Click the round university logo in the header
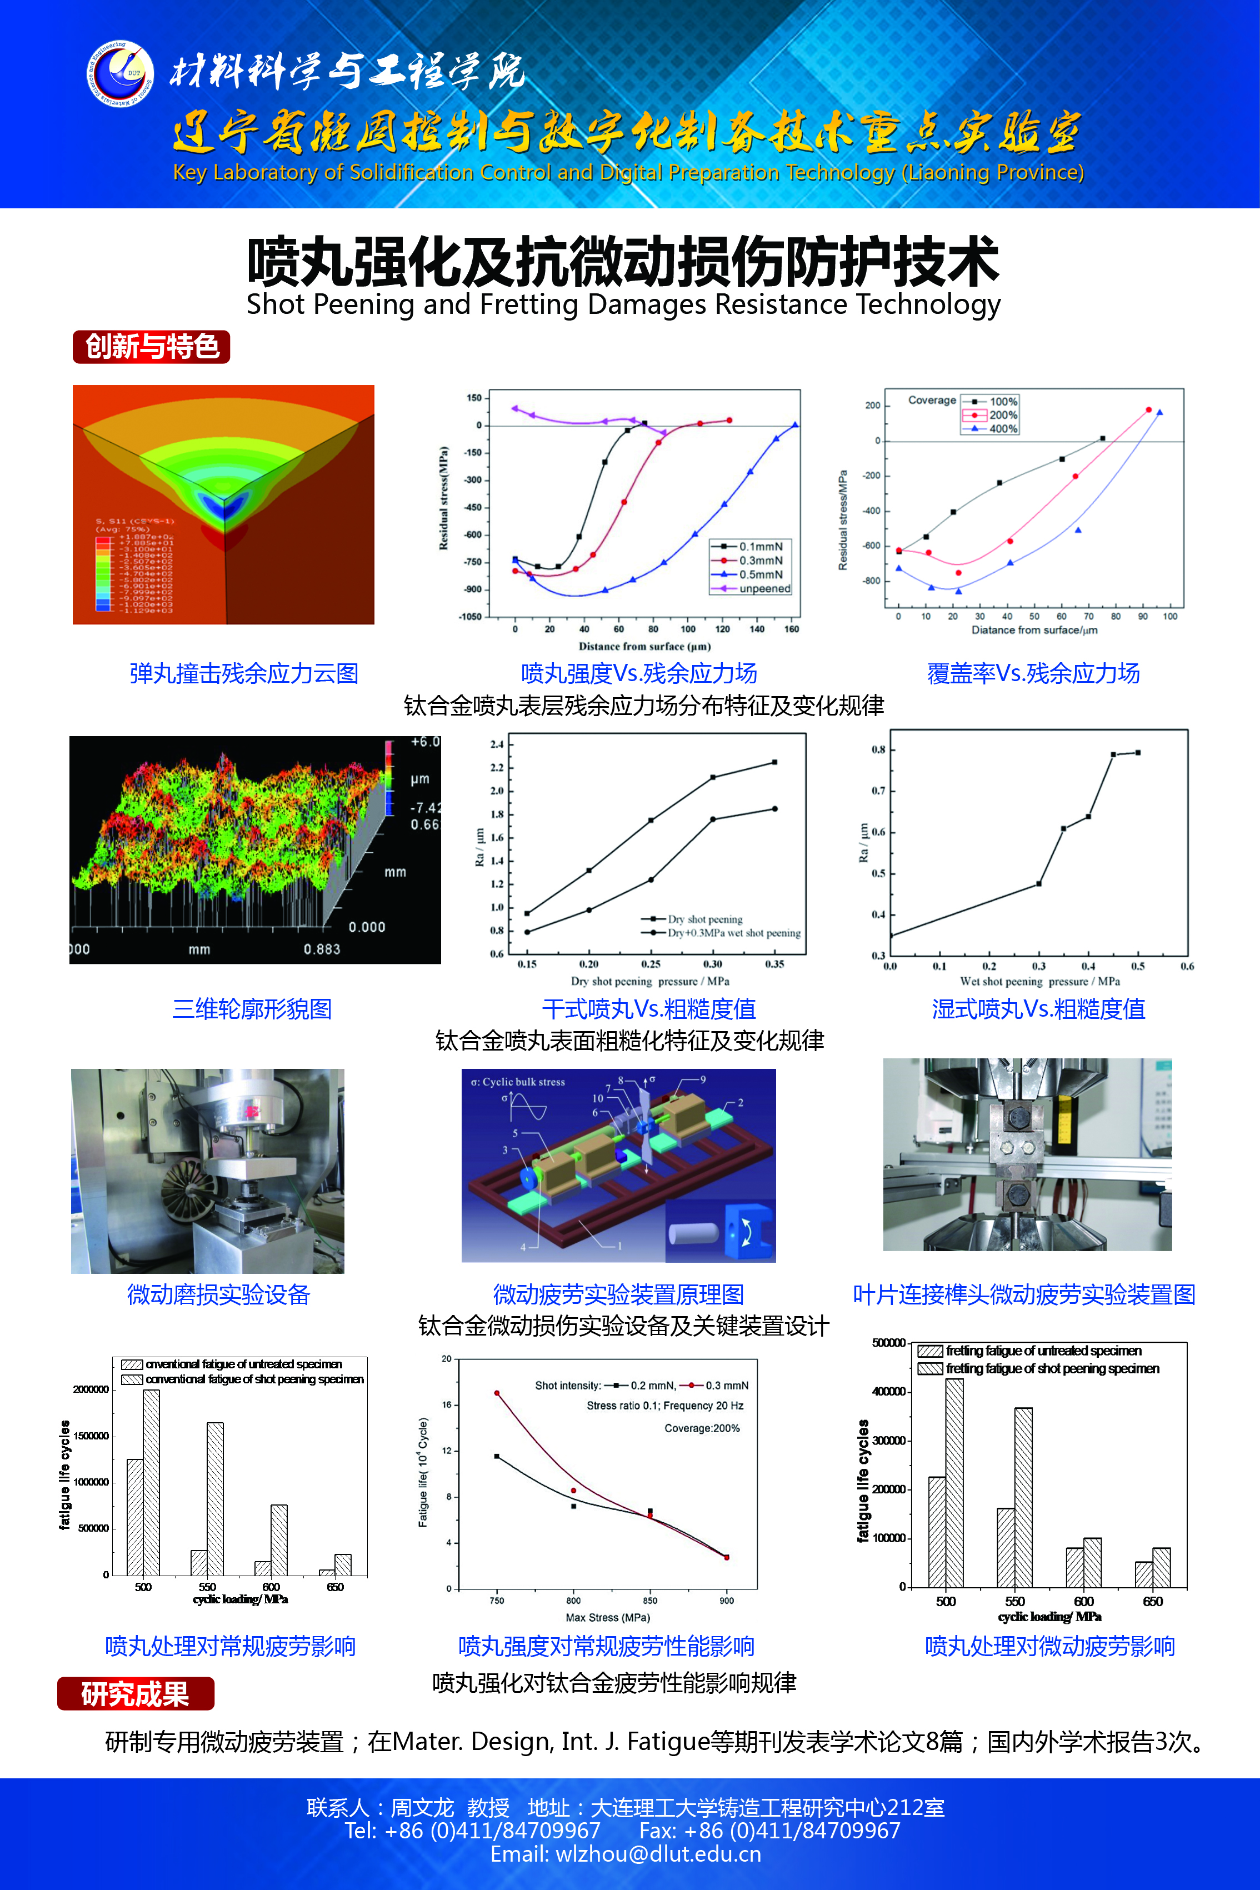pyautogui.click(x=120, y=73)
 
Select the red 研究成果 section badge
pyautogui.click(x=135, y=1694)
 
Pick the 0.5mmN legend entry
pyautogui.click(x=760, y=574)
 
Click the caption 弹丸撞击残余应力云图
pyautogui.click(x=243, y=673)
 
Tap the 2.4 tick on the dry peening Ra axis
pyautogui.click(x=497, y=744)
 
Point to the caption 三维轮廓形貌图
pyautogui.click(x=252, y=1008)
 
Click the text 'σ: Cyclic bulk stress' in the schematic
pyautogui.click(x=518, y=1082)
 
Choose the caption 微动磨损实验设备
pyautogui.click(x=218, y=1294)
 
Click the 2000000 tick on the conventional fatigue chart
pyautogui.click(x=91, y=1389)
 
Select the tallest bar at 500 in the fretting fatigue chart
pyautogui.click(x=954, y=1483)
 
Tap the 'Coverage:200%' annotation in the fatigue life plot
pyautogui.click(x=702, y=1428)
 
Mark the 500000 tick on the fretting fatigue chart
pyautogui.click(x=889, y=1343)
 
